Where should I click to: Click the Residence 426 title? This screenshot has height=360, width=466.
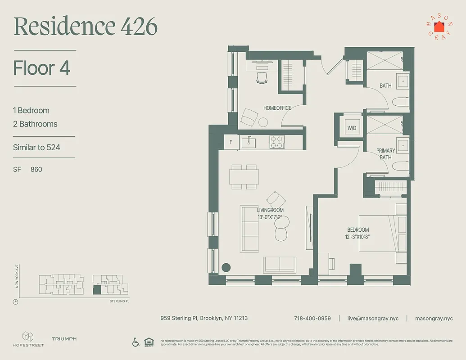(x=86, y=27)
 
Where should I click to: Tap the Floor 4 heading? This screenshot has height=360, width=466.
(x=41, y=68)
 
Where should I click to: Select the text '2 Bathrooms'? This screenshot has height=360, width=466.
(x=35, y=124)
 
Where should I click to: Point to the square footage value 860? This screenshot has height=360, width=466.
(x=36, y=170)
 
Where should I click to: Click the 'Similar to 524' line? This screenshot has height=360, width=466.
(x=36, y=147)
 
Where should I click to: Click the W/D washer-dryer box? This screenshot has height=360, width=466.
(x=352, y=128)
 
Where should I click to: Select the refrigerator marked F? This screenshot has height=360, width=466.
(x=231, y=142)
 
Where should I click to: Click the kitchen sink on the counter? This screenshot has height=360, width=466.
(x=249, y=143)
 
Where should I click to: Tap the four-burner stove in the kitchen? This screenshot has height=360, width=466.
(x=276, y=142)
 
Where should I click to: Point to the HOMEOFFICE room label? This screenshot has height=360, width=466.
(x=277, y=108)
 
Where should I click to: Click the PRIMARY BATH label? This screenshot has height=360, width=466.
(x=385, y=154)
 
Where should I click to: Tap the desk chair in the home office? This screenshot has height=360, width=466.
(x=262, y=78)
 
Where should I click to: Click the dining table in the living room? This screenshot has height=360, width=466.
(x=244, y=176)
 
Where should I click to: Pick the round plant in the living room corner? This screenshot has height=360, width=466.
(x=226, y=267)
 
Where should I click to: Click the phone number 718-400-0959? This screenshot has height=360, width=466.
(x=312, y=318)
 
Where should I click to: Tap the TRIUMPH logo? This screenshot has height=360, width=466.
(x=64, y=339)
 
